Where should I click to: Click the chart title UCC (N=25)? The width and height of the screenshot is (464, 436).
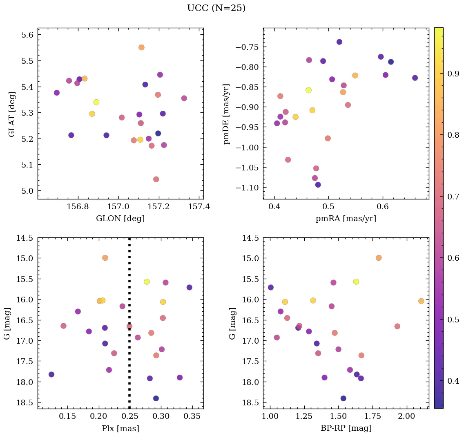click(216, 8)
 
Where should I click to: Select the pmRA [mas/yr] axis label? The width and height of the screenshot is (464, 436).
click(346, 219)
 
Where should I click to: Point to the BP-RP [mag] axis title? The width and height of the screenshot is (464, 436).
click(346, 428)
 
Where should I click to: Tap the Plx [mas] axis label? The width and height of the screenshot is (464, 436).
click(120, 428)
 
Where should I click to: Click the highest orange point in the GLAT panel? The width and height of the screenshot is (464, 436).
click(141, 47)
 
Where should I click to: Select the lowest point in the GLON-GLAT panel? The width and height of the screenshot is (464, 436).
click(156, 179)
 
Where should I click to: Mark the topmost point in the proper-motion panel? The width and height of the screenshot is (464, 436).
click(339, 42)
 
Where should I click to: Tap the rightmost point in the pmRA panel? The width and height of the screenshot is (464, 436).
click(415, 78)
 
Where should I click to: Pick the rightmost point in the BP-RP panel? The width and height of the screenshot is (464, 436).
click(421, 301)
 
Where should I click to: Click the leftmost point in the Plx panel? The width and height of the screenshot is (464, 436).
click(51, 374)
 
